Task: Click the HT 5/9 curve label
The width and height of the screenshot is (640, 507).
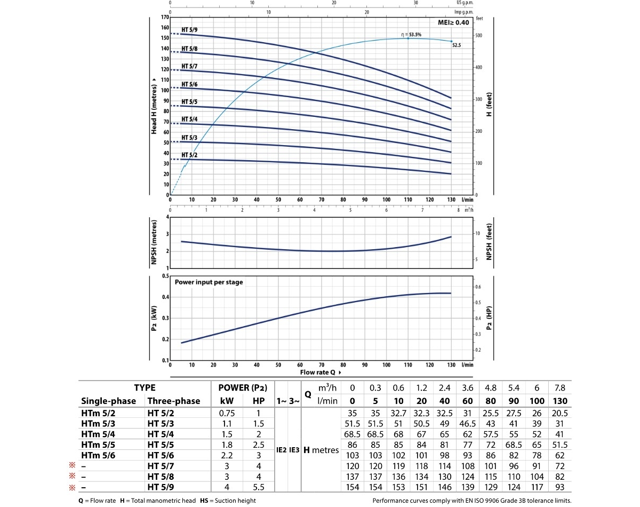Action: (x=189, y=29)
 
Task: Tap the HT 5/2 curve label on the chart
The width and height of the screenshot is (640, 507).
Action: (x=189, y=155)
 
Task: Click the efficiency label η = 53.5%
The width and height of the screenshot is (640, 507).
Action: (x=411, y=35)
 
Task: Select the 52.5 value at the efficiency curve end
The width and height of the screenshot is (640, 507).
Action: (x=456, y=46)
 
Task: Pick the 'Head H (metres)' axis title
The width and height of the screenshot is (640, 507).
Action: (x=154, y=105)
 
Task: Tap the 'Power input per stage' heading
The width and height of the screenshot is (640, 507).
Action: (x=209, y=282)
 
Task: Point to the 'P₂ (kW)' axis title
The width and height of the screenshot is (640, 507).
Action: (x=154, y=318)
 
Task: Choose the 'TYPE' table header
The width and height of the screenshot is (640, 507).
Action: (x=145, y=388)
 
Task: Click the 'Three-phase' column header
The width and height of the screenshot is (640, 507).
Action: (x=174, y=401)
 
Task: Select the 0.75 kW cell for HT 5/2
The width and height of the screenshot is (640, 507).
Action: (x=229, y=413)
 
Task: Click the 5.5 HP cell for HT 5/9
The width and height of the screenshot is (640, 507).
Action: (x=258, y=487)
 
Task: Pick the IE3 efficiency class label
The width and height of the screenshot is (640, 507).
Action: (x=294, y=450)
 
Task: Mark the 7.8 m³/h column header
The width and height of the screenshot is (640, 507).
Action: (x=561, y=388)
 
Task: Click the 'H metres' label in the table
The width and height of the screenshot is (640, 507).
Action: (x=321, y=450)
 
